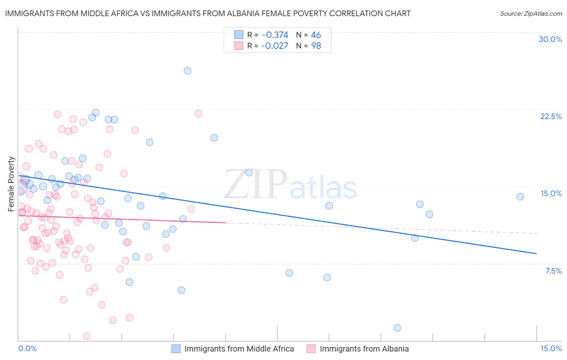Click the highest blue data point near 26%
[x=188, y=71]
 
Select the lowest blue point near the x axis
[x=397, y=328]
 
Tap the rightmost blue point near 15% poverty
[x=520, y=197]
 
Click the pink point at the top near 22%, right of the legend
[x=198, y=113]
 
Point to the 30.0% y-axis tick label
[x=550, y=39]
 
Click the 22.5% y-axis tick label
[x=551, y=116]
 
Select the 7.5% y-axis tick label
[x=553, y=271]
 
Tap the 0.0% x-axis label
[x=27, y=349]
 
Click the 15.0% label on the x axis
[x=551, y=349]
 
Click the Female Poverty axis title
[x=11, y=184]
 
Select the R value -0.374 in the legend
[x=275, y=35]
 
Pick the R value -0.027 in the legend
[x=275, y=46]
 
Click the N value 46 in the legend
[x=316, y=35]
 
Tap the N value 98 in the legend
[x=316, y=46]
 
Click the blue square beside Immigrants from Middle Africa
[x=176, y=349]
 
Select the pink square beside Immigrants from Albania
[x=311, y=349]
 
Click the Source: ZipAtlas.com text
[x=531, y=14]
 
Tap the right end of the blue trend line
[x=536, y=253]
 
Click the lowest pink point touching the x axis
[x=86, y=336]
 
